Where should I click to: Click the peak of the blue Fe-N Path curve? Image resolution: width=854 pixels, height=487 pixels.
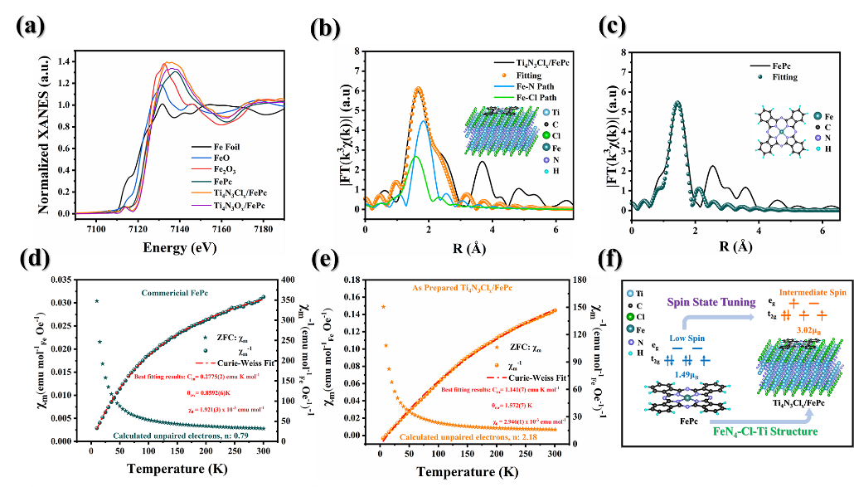click(424, 121)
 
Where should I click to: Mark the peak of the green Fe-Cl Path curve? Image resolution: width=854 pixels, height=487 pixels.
click(417, 156)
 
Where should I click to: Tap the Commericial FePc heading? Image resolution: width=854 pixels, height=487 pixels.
click(175, 292)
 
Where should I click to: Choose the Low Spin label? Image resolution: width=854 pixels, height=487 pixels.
click(687, 338)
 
